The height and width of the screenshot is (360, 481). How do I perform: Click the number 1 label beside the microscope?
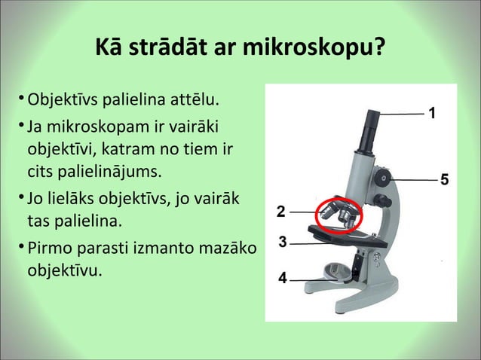(432, 113)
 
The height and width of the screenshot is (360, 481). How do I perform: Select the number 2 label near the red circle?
(280, 211)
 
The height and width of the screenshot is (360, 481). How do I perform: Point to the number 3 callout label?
(283, 243)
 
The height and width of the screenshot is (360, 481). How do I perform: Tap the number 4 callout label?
(283, 278)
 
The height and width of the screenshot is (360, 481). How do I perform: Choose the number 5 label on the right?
(444, 179)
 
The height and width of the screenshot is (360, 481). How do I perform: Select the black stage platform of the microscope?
(347, 238)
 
